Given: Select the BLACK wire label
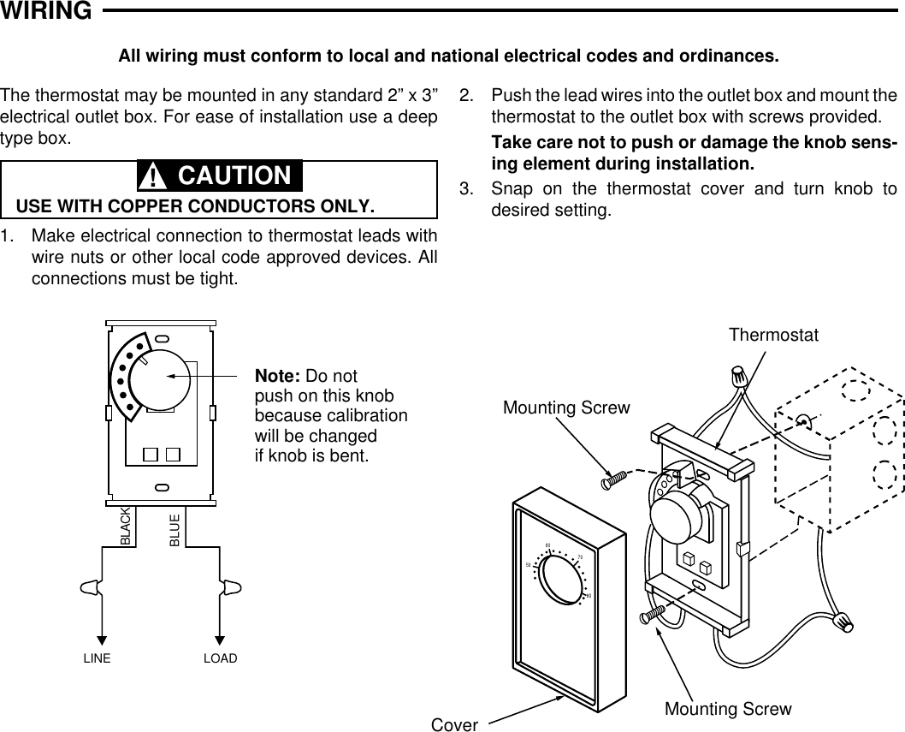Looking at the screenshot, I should coord(126,528).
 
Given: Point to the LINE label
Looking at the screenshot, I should coord(97,659).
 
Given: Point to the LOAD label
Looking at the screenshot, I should coord(220,659).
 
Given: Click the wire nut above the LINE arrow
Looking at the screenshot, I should coord(89,589).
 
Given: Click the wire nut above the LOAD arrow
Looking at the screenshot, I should coord(231,589).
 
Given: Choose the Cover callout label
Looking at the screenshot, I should coord(454,724).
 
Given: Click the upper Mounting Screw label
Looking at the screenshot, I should coord(566,408).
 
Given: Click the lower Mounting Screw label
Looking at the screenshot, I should coord(728,709).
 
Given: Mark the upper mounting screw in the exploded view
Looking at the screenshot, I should coord(614,480).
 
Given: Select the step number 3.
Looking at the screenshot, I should coord(465,188).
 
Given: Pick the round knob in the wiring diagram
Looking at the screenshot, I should coord(164,378).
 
